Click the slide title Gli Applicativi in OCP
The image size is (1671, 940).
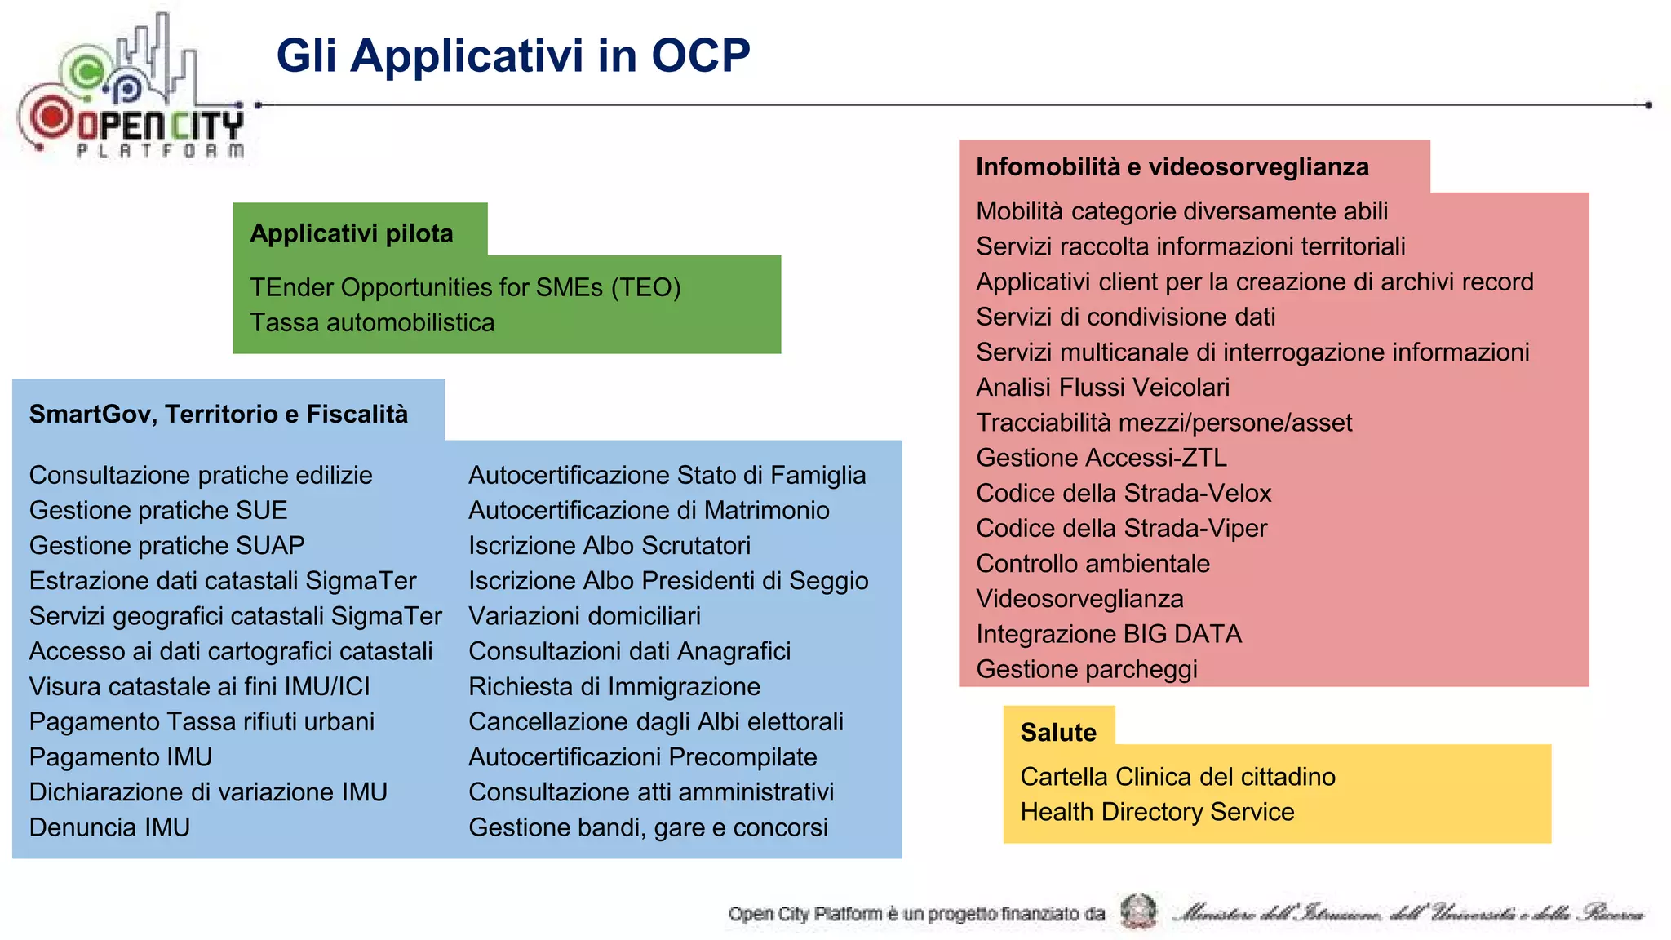513,55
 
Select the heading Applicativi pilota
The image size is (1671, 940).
352,233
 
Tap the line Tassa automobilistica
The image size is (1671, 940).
372,322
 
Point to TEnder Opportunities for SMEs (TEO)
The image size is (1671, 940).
465,287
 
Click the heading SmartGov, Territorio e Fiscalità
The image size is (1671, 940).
219,414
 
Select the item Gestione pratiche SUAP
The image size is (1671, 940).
167,545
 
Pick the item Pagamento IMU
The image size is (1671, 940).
121,756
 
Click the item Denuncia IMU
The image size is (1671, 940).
110,827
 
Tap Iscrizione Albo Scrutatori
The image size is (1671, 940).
609,545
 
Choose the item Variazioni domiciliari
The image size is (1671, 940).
584,616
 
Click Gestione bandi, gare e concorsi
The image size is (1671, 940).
648,827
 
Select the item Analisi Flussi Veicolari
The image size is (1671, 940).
1102,387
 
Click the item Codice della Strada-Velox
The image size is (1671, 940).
1124,493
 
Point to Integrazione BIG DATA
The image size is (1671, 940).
1109,634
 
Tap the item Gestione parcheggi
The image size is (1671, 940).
1087,669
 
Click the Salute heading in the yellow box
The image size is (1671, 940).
1058,732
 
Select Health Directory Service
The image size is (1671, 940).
1157,812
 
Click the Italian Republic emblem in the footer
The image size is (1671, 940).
1138,911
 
